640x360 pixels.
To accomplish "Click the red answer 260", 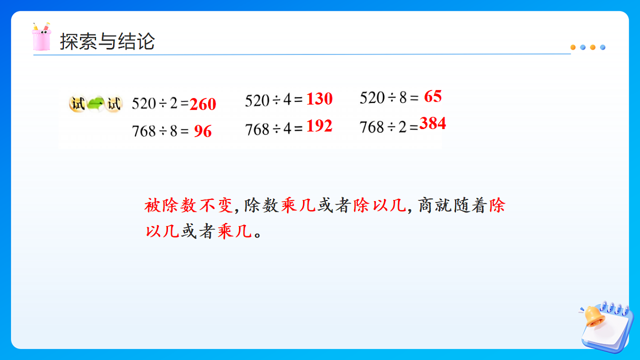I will pyautogui.click(x=203, y=104).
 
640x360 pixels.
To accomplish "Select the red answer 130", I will pyautogui.click(x=319, y=99).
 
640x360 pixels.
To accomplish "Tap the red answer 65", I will pyautogui.click(x=433, y=97).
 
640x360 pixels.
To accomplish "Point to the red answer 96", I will pyautogui.click(x=203, y=131).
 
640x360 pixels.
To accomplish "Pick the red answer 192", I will pyautogui.click(x=319, y=126).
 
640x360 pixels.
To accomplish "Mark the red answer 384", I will pyautogui.click(x=433, y=124).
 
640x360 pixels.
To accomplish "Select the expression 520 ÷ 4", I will pyautogui.click(x=270, y=100).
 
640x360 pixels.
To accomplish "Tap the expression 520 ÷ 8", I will pyautogui.click(x=384, y=98).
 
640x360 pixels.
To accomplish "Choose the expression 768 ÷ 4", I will pyautogui.click(x=270, y=128).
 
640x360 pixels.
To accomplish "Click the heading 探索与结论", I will pyautogui.click(x=107, y=41).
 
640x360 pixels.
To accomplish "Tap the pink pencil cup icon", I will pyautogui.click(x=42, y=37).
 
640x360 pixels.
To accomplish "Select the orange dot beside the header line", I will pyautogui.click(x=573, y=47).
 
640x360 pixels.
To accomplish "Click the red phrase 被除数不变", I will pyautogui.click(x=188, y=206).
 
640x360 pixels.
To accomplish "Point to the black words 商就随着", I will pyautogui.click(x=453, y=206).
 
